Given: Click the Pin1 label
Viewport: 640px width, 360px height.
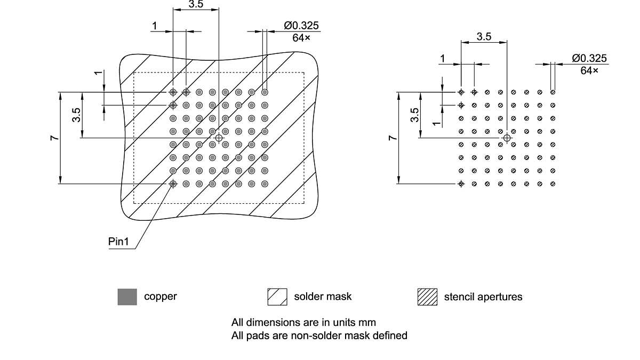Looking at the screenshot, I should (118, 242).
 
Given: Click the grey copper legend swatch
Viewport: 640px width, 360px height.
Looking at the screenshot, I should (127, 297).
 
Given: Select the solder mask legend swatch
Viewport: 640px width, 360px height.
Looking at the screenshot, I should (277, 297).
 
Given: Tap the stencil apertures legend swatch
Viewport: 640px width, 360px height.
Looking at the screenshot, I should (427, 297).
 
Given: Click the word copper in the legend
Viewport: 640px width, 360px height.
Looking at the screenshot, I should (160, 297).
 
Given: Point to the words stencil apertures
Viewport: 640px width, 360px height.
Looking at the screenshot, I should (483, 297).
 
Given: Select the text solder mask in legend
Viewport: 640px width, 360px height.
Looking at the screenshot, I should (323, 297).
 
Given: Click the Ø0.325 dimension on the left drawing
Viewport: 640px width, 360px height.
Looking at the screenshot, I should (302, 26).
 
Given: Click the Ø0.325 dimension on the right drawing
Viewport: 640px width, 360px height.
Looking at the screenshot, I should (589, 58).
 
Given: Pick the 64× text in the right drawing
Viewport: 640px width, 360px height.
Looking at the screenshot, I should (589, 70).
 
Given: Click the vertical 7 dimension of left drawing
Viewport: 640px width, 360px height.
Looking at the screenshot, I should (54, 138).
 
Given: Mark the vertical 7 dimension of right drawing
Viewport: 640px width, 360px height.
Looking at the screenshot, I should (393, 138).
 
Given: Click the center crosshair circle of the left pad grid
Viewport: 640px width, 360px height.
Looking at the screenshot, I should (219, 138).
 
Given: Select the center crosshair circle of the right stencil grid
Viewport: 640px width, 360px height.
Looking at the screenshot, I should (507, 138).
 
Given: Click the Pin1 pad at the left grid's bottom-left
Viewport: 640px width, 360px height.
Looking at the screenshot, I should (173, 184).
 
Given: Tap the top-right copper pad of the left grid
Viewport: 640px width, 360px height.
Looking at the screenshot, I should (265, 92).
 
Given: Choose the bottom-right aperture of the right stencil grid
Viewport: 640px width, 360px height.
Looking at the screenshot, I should (553, 184).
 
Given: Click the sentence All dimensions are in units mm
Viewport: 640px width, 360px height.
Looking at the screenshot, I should (303, 323).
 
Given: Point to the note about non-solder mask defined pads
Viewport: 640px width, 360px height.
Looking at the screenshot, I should (319, 335).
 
